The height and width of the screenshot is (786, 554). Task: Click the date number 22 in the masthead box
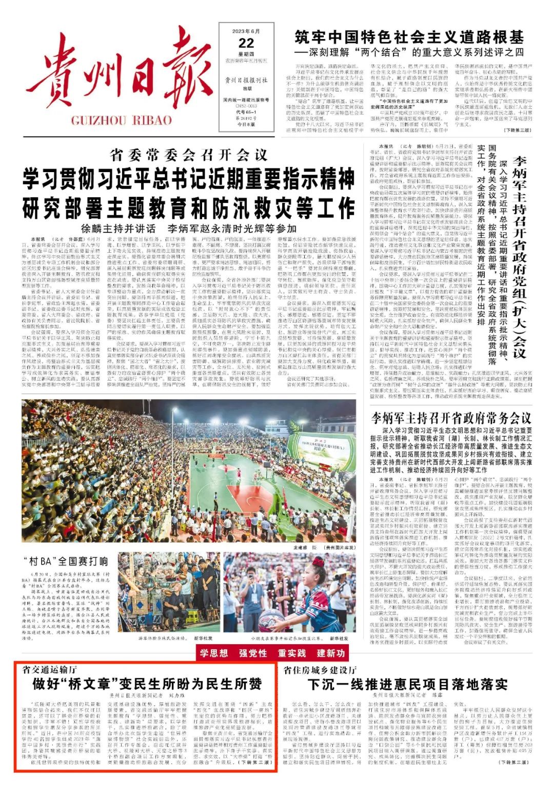pyautogui.click(x=246, y=43)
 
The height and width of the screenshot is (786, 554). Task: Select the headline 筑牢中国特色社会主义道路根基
pyautogui.click(x=409, y=37)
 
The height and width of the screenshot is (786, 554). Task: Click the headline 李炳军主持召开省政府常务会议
pyautogui.click(x=451, y=418)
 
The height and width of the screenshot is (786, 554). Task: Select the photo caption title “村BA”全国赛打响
pyautogui.click(x=66, y=560)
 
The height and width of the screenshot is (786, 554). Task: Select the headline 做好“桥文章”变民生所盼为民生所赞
pyautogui.click(x=147, y=684)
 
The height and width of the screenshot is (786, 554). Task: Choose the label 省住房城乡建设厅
pyautogui.click(x=320, y=670)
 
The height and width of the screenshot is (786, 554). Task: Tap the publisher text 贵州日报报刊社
pyautogui.click(x=246, y=80)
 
